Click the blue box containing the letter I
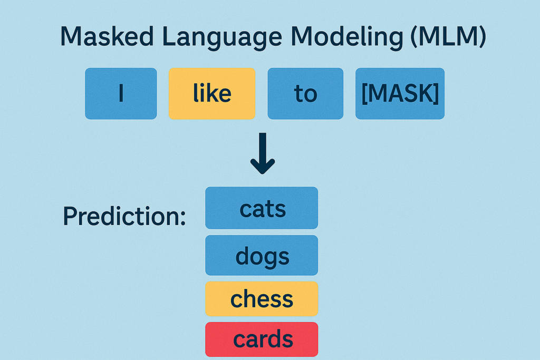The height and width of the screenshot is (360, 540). pos(121,93)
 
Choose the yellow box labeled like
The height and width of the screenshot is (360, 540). pos(211,93)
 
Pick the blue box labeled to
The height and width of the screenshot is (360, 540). pos(305,93)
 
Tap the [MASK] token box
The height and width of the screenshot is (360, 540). pos(400,93)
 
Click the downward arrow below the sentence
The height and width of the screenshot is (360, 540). pos(263,153)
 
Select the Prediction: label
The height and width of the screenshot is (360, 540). pos(124,216)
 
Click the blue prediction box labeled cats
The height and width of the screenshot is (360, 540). pos(262,208)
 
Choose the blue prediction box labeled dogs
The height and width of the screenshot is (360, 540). pos(262,256)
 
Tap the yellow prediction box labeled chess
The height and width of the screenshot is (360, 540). pos(262,298)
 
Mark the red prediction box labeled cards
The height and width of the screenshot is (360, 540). pos(262,339)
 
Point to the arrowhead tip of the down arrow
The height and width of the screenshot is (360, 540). pos(263,172)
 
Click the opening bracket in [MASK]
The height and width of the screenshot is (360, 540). pos(364,93)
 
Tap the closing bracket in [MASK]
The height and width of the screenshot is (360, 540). pos(436,93)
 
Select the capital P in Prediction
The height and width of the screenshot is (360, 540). pos(69,216)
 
